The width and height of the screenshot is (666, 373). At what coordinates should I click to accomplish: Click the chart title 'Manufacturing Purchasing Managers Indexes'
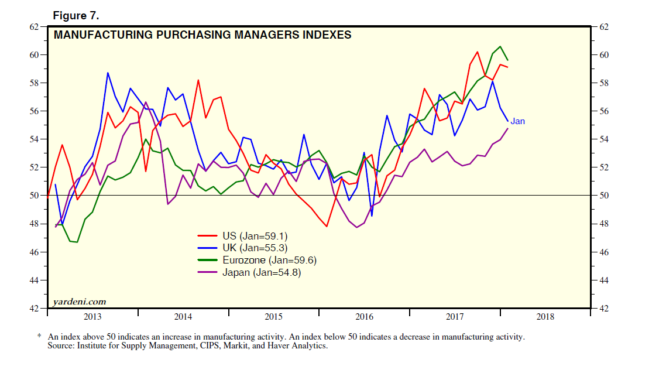point(202,35)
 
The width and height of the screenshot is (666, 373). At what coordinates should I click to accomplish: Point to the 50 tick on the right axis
point(605,196)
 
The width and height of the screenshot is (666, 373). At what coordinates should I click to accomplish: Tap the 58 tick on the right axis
point(605,83)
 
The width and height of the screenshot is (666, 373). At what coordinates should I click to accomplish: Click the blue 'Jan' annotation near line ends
point(517,121)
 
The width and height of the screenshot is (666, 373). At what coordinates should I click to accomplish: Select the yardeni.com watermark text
point(80,302)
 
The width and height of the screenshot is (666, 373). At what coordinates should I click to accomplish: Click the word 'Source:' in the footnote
point(62,346)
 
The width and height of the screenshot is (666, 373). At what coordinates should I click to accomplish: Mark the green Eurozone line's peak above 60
point(500,46)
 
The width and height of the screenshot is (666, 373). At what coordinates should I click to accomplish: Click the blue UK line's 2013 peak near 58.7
point(108,73)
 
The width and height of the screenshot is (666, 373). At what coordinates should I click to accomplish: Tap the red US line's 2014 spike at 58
point(198,80)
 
